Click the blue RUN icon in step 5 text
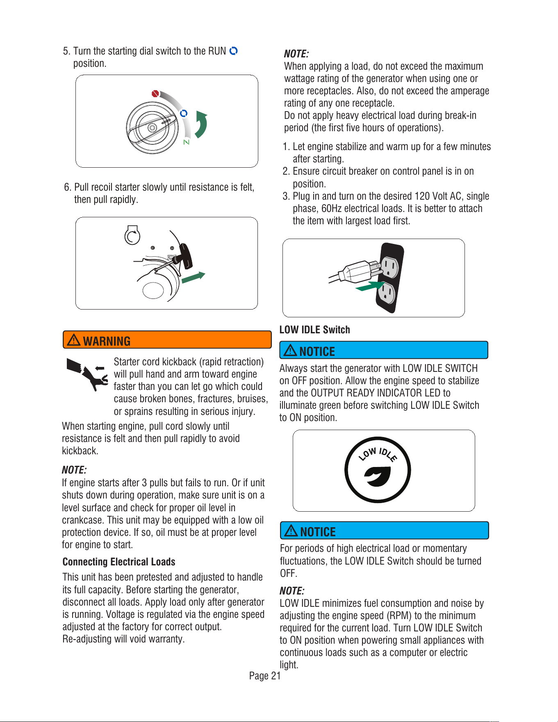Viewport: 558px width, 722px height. point(233,51)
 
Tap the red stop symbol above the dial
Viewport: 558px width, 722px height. point(155,93)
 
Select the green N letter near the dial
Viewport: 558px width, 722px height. point(187,142)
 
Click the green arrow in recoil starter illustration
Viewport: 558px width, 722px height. point(193,277)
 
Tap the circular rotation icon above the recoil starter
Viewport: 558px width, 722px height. point(132,235)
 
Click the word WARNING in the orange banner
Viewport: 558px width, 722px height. point(107,341)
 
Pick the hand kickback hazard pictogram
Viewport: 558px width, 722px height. point(87,374)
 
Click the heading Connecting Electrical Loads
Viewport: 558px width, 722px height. point(119,562)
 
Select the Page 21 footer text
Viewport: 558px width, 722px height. point(265,676)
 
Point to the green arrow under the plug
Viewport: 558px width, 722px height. point(370,286)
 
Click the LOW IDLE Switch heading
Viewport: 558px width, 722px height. point(314,330)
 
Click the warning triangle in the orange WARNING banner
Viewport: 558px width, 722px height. point(74,340)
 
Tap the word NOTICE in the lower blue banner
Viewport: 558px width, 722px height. point(318,532)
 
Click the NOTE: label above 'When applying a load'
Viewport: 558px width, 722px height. point(296,54)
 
